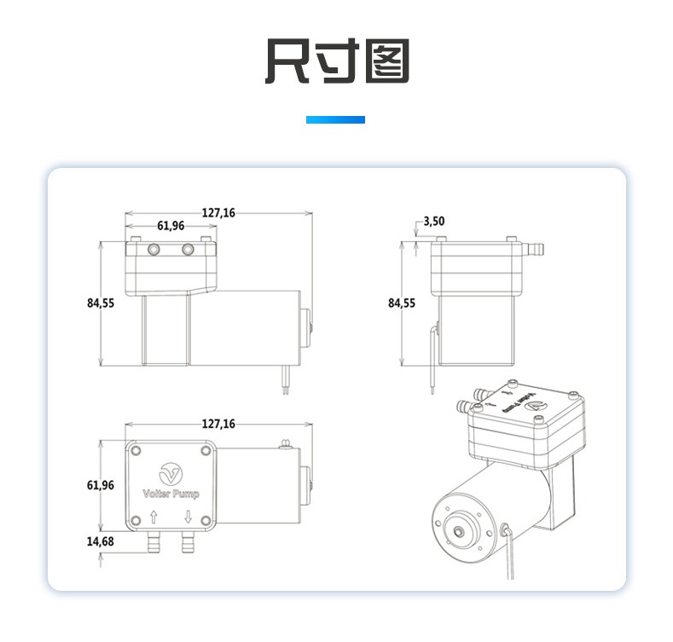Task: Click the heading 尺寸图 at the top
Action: [336, 61]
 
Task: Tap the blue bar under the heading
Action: [335, 120]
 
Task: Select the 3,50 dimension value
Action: [434, 221]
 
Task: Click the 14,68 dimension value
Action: [100, 541]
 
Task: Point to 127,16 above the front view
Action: [218, 212]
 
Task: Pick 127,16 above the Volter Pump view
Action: [218, 424]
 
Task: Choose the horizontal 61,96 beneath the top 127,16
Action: [171, 226]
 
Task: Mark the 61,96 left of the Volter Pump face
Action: [100, 485]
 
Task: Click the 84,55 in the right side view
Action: [401, 303]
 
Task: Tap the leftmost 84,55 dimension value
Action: [100, 303]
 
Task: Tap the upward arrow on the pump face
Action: [154, 516]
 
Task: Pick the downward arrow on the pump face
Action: [188, 516]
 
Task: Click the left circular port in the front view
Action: [154, 250]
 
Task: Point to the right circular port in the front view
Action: [188, 250]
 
